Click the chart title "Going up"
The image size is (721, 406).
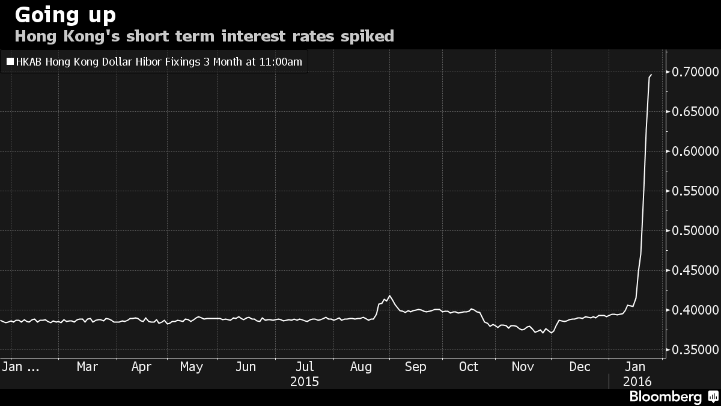pos(65,14)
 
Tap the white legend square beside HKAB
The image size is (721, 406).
pos(10,61)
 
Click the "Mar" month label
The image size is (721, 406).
pos(87,367)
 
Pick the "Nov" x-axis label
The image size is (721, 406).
pos(522,367)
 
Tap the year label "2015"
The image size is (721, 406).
pos(305,381)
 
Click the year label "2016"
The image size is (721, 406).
pos(636,381)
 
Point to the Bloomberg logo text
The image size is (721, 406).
pos(665,397)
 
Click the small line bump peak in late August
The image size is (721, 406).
pos(390,296)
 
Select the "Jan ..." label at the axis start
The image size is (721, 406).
pos(21,367)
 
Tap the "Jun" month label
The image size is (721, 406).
pos(246,367)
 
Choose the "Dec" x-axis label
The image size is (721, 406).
pos(580,367)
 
